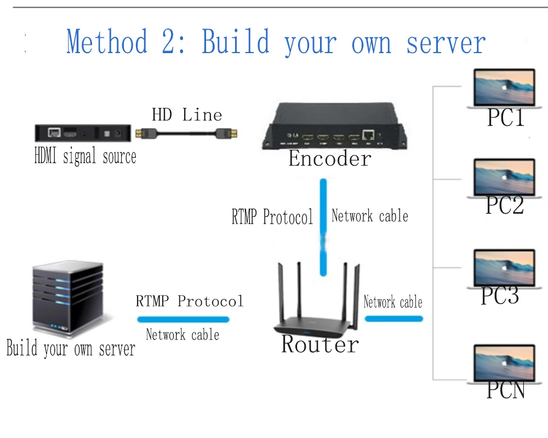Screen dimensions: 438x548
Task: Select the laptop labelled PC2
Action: click(x=504, y=178)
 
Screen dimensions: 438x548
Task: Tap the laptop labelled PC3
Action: click(x=504, y=269)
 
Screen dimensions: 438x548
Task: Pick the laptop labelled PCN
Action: click(x=504, y=364)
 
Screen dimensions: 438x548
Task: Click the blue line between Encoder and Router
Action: click(x=324, y=227)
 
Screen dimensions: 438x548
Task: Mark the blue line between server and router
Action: click(x=182, y=319)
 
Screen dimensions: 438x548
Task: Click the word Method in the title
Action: click(x=107, y=43)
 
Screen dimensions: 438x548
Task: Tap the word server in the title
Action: click(x=446, y=43)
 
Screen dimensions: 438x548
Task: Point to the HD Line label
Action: click(x=187, y=114)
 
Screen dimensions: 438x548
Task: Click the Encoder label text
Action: click(x=330, y=159)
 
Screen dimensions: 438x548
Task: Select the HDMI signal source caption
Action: click(x=85, y=157)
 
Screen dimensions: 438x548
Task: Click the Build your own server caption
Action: click(x=71, y=349)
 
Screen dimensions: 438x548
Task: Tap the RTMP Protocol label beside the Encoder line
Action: click(x=272, y=217)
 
